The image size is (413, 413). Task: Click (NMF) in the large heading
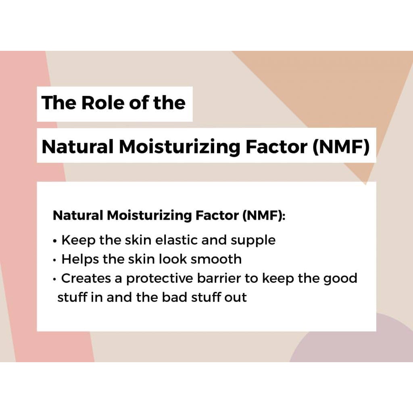tap(341, 147)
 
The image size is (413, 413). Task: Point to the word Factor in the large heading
tap(276, 146)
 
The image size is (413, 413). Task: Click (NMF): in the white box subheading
tap(264, 216)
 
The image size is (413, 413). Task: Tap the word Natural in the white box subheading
tap(78, 215)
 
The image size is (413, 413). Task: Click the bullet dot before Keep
tap(54, 241)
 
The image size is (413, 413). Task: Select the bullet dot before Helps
tap(54, 260)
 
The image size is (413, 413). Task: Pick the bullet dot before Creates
tap(54, 279)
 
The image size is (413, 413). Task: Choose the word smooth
tap(216, 259)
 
